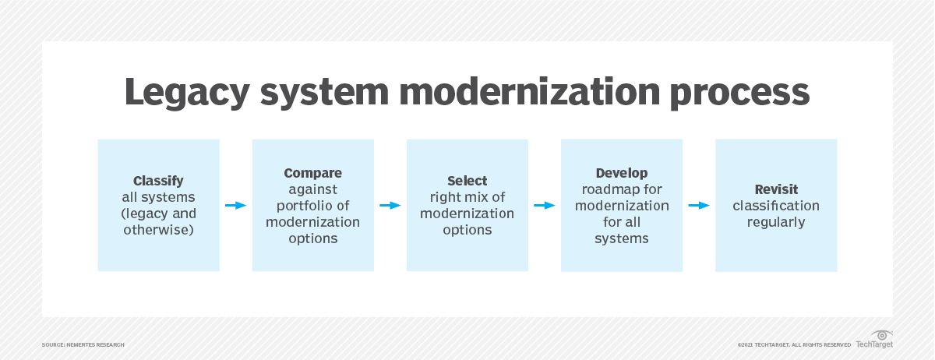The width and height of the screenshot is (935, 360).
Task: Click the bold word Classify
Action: tap(159, 181)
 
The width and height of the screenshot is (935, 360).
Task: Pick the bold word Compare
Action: tap(312, 173)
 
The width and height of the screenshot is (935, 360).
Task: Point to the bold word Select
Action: tap(467, 181)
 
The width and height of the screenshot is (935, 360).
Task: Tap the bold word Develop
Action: tap(622, 173)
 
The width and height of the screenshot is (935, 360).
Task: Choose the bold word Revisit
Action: tap(776, 189)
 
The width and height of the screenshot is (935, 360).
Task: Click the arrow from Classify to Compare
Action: tap(235, 206)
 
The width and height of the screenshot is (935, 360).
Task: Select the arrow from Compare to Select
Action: tap(390, 206)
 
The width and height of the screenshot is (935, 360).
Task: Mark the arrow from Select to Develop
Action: tap(544, 206)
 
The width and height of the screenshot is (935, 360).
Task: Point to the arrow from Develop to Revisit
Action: tap(699, 206)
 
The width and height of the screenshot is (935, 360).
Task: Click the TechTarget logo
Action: tap(875, 340)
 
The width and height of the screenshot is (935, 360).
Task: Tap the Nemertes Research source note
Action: tap(83, 344)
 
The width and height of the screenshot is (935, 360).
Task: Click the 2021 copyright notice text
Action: tap(794, 344)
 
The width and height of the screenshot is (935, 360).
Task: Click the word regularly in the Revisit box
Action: tap(776, 222)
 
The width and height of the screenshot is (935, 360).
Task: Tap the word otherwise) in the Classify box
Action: tap(160, 230)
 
